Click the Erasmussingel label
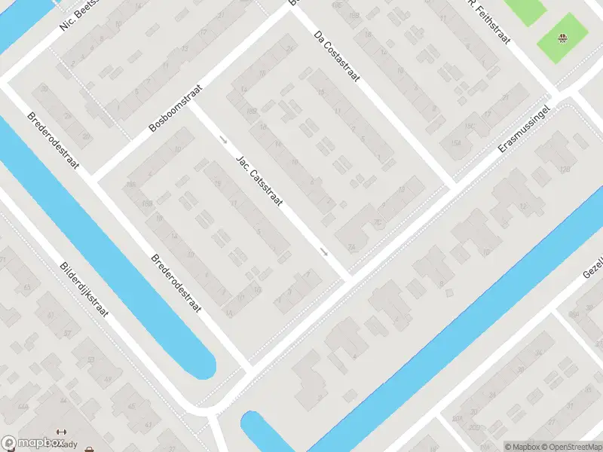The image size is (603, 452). [525, 129]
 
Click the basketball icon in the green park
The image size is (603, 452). [562, 38]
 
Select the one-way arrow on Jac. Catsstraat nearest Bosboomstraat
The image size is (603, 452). [223, 139]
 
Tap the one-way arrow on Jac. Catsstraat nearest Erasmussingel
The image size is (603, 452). [324, 252]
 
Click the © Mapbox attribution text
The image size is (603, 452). [522, 447]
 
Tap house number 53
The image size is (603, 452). [90, 361]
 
